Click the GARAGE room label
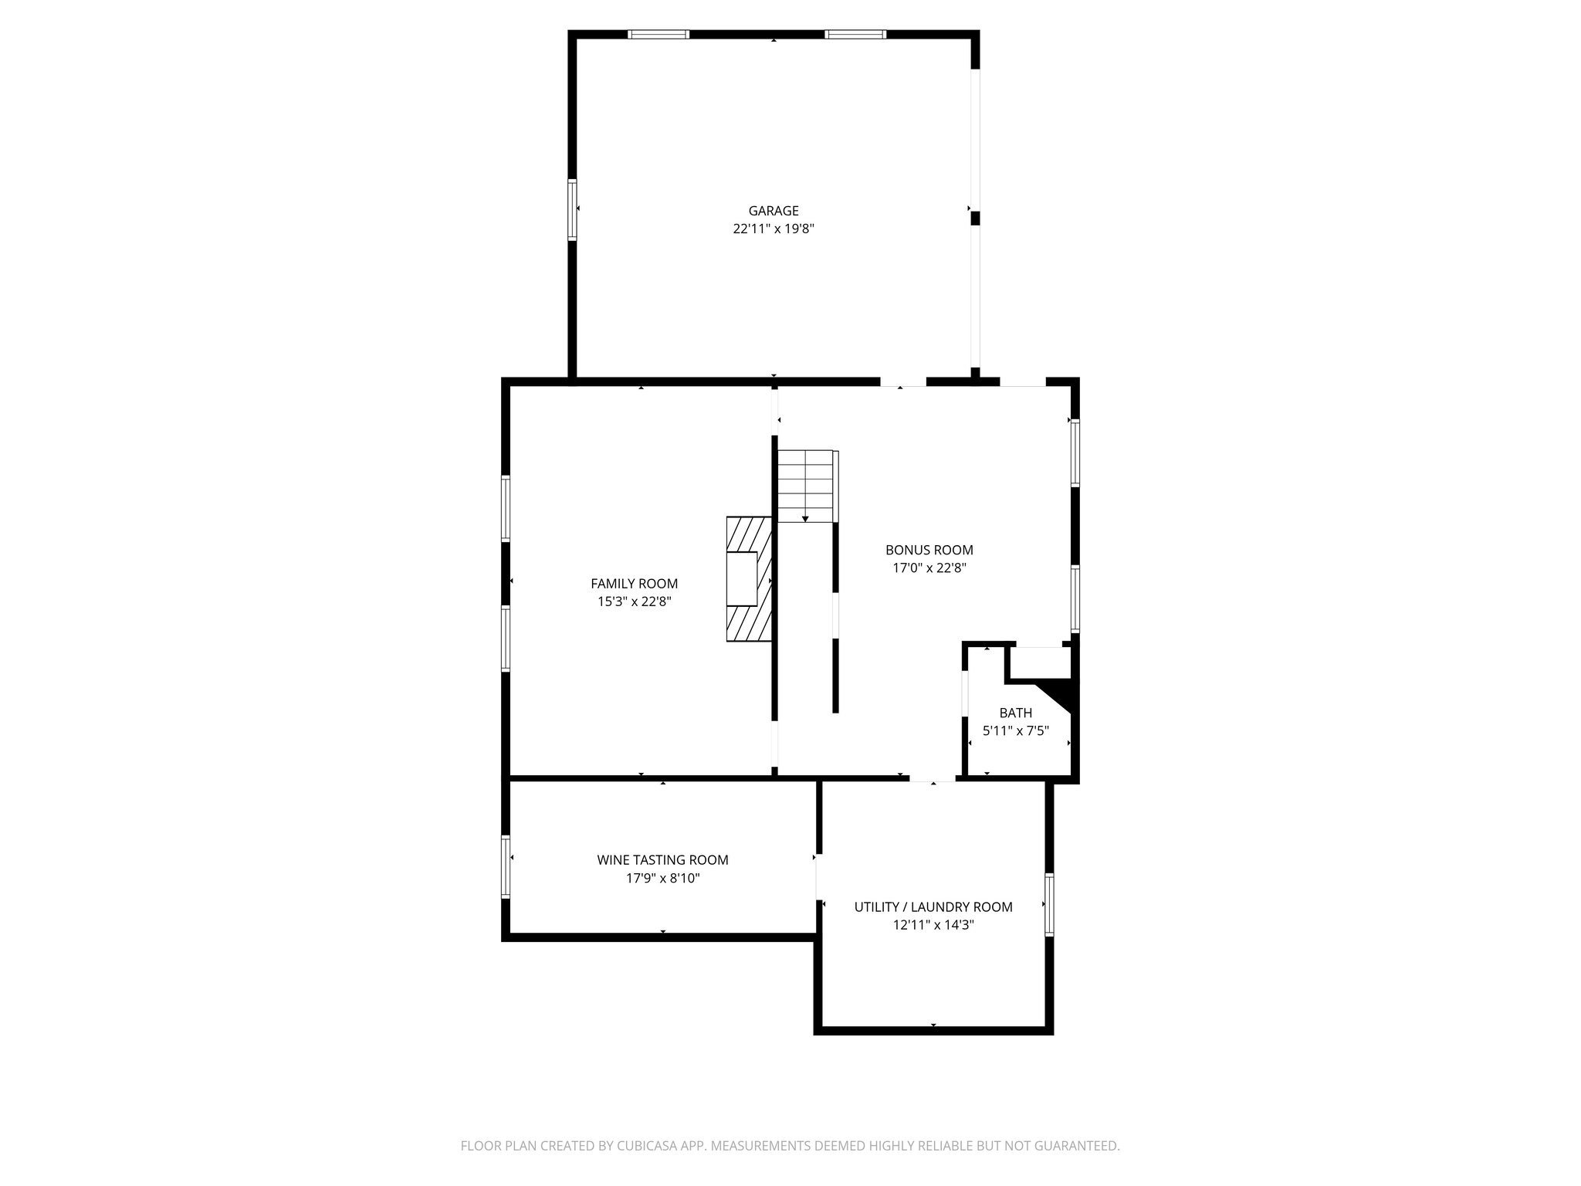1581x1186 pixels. click(774, 211)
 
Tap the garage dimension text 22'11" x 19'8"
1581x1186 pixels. click(774, 229)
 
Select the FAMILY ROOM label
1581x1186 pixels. click(635, 584)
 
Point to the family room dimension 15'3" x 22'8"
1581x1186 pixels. click(635, 601)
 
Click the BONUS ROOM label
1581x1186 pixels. click(929, 550)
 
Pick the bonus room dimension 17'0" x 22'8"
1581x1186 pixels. click(929, 568)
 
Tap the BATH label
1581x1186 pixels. click(1015, 713)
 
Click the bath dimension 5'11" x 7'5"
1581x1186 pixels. click(1015, 730)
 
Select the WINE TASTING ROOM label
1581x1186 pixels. click(662, 859)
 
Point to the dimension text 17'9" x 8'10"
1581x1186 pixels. click(662, 878)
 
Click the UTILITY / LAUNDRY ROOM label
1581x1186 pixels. click(933, 906)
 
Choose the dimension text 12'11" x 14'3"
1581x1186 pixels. click(933, 924)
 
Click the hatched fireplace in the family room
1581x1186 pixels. click(749, 579)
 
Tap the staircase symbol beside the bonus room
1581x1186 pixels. click(806, 486)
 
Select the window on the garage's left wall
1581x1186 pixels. click(572, 209)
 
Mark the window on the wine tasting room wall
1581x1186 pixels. click(506, 867)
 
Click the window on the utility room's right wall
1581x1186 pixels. click(1049, 904)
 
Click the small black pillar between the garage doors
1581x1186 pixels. click(975, 219)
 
